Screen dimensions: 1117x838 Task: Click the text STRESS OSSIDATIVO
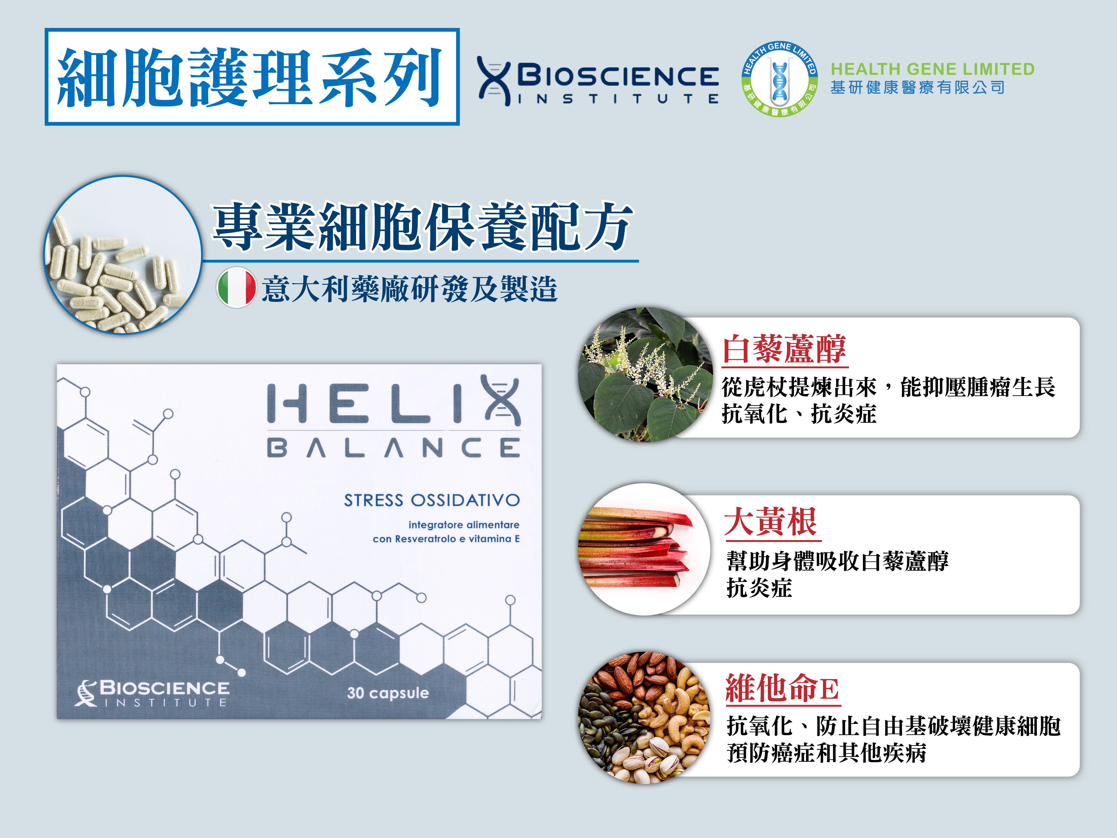(x=432, y=500)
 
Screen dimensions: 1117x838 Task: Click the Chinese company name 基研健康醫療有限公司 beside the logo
(x=918, y=87)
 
